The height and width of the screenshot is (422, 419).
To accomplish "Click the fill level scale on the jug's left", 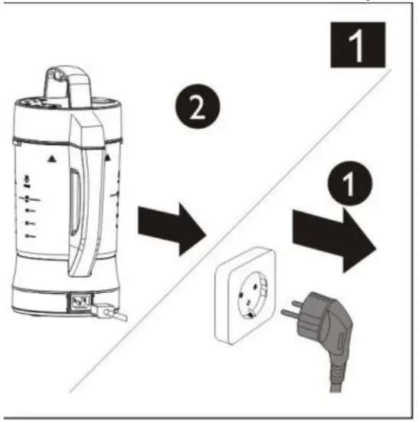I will click(x=29, y=211).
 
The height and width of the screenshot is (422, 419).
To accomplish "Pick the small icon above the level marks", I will click(x=28, y=181).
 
